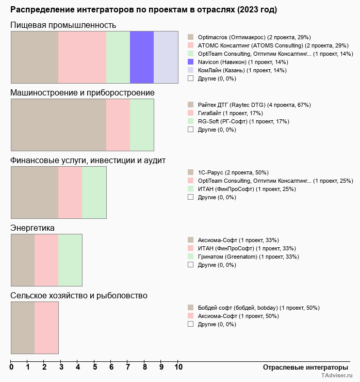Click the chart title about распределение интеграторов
143,10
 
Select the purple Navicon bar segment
142,57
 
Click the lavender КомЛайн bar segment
166,57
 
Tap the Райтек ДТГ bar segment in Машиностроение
58,124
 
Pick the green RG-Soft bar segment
142,124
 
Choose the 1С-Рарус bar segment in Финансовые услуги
35,192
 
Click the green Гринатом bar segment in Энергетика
70,260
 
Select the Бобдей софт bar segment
23,327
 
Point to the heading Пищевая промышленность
63,25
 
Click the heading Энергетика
32,228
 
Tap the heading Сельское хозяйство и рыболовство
79,296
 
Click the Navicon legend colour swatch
191,62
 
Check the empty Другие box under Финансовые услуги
191,197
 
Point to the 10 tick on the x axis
178,368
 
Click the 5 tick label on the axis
95,368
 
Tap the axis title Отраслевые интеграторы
302,368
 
